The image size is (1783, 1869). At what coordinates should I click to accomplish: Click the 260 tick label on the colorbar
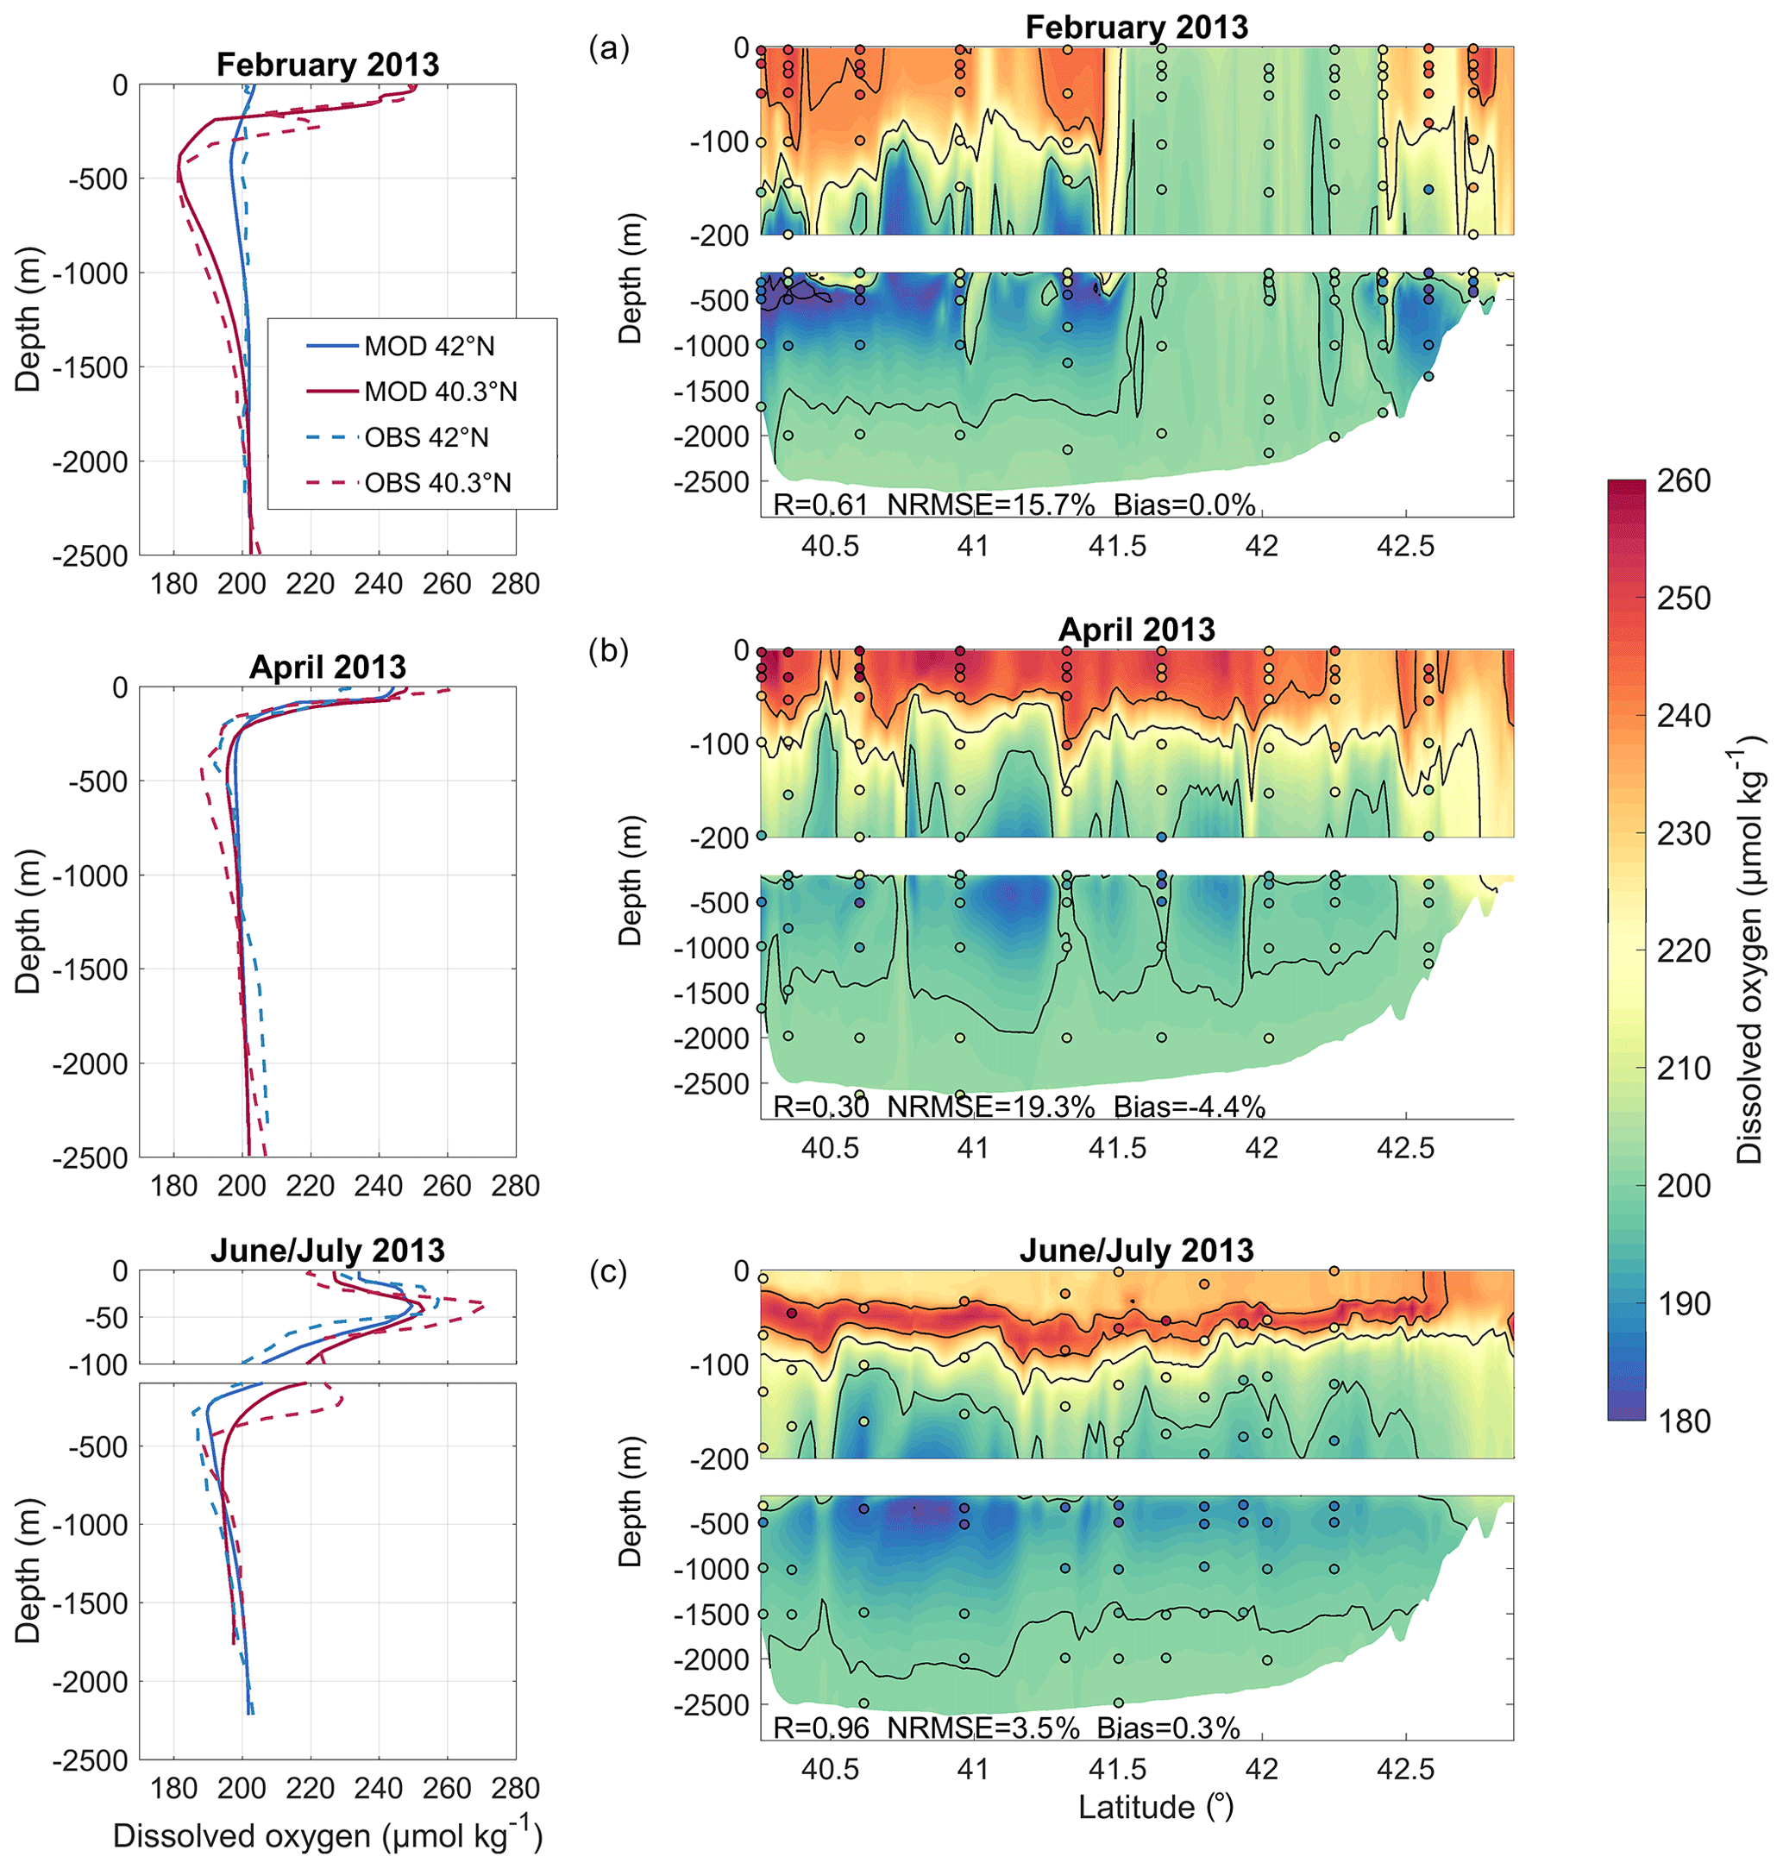click(x=1683, y=480)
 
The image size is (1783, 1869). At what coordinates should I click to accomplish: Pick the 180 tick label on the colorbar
click(x=1683, y=1421)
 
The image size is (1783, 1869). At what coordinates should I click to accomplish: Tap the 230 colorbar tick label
click(x=1683, y=833)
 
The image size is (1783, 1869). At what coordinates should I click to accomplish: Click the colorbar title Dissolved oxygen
click(x=1749, y=950)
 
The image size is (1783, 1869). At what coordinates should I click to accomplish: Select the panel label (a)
click(x=609, y=47)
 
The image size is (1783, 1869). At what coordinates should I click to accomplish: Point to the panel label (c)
click(x=608, y=1271)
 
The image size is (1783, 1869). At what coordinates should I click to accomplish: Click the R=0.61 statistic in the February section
click(x=820, y=505)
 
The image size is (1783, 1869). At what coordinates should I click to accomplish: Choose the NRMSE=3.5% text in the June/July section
click(x=983, y=1728)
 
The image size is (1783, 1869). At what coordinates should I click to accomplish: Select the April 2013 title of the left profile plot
click(x=328, y=667)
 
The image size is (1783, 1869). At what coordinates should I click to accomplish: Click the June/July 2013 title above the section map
click(x=1137, y=1251)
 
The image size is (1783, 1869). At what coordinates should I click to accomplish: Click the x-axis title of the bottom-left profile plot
click(x=328, y=1837)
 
